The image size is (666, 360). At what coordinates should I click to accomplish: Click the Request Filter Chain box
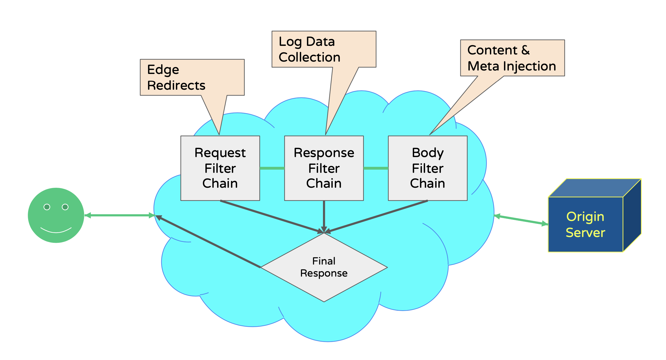(220, 168)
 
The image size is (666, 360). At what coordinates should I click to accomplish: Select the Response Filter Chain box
(324, 168)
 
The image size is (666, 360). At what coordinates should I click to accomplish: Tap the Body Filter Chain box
(428, 168)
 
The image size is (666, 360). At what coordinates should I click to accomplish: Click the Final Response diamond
(324, 267)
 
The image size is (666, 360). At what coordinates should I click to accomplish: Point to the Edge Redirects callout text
(176, 77)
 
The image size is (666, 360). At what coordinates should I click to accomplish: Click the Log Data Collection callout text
(309, 49)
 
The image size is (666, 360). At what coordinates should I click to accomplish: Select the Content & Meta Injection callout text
(511, 58)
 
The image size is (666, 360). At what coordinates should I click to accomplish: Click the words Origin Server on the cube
(585, 224)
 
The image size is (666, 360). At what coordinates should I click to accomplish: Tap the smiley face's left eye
(47, 207)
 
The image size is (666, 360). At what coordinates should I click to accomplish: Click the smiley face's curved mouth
(56, 231)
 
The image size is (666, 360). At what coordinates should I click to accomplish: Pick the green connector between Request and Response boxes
(272, 168)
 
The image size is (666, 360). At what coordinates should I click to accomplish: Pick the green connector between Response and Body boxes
(376, 168)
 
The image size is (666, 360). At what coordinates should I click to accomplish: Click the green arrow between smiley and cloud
(120, 215)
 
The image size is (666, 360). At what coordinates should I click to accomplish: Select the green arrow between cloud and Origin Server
(521, 220)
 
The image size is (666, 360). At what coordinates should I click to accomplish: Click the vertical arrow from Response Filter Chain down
(324, 215)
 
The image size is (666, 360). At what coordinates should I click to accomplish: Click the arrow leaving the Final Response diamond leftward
(208, 241)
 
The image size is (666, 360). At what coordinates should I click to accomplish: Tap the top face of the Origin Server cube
(594, 188)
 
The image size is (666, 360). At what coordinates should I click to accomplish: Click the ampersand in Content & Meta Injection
(525, 50)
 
